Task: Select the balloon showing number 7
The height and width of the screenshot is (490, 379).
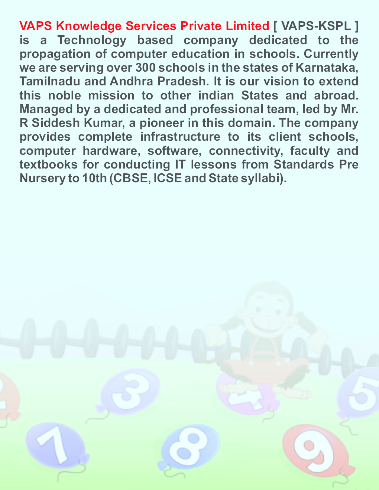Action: point(56,444)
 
